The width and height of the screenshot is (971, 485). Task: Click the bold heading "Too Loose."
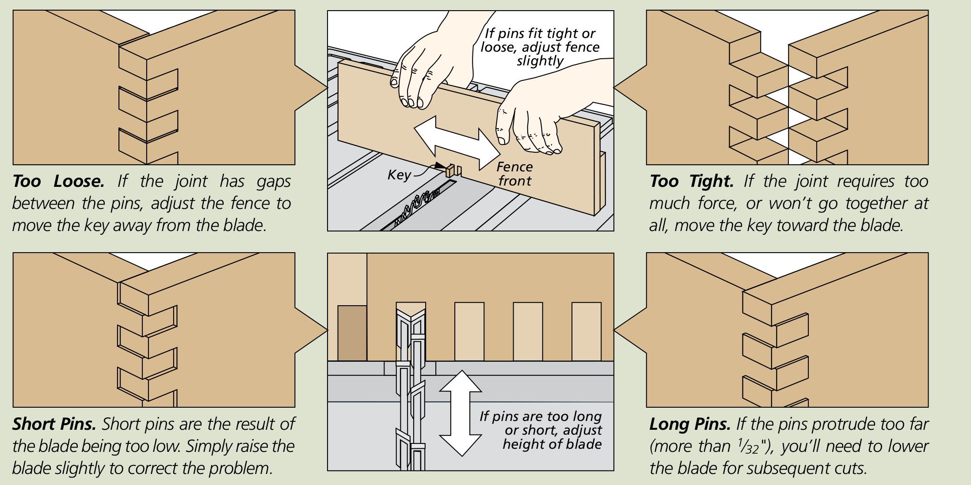pyautogui.click(x=58, y=182)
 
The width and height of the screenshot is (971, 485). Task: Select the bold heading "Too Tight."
pyautogui.click(x=692, y=182)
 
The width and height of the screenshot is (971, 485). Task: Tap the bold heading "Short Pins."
pyautogui.click(x=54, y=424)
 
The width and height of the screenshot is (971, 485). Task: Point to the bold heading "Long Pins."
pyautogui.click(x=689, y=424)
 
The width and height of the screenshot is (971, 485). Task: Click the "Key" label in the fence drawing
pyautogui.click(x=399, y=175)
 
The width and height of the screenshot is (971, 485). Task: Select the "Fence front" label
pyautogui.click(x=514, y=174)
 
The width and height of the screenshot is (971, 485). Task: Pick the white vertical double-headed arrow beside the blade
pyautogui.click(x=461, y=413)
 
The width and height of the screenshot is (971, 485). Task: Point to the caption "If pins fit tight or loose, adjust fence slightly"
pyautogui.click(x=540, y=47)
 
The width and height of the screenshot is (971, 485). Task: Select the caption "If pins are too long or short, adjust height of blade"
pyautogui.click(x=541, y=430)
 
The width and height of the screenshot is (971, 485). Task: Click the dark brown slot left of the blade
pyautogui.click(x=352, y=333)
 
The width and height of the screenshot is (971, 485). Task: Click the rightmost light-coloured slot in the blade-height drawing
pyautogui.click(x=586, y=331)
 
